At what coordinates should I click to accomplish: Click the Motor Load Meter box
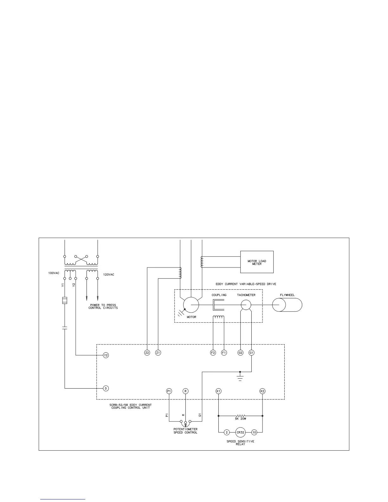(x=257, y=262)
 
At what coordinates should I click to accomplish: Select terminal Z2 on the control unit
(x=147, y=352)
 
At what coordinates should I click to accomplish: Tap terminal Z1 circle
(x=158, y=352)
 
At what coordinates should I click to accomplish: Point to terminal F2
(x=213, y=352)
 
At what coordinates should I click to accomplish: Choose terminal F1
(x=224, y=352)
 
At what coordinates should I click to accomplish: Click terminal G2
(x=241, y=352)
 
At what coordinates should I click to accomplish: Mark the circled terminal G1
(x=251, y=352)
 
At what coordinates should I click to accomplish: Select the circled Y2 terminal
(x=106, y=355)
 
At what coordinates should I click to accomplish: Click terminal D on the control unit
(x=106, y=388)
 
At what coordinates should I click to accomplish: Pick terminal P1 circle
(x=169, y=391)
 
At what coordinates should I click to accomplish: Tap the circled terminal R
(x=185, y=391)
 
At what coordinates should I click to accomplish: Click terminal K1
(x=218, y=391)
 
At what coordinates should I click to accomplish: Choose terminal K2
(x=262, y=391)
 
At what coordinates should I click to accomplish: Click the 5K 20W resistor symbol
(x=241, y=415)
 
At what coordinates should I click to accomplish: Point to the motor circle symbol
(x=191, y=305)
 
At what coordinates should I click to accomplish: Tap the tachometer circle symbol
(x=246, y=305)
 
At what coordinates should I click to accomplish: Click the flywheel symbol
(x=287, y=305)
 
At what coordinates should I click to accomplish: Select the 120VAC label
(x=109, y=274)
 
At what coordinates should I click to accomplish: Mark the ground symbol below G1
(x=240, y=377)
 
